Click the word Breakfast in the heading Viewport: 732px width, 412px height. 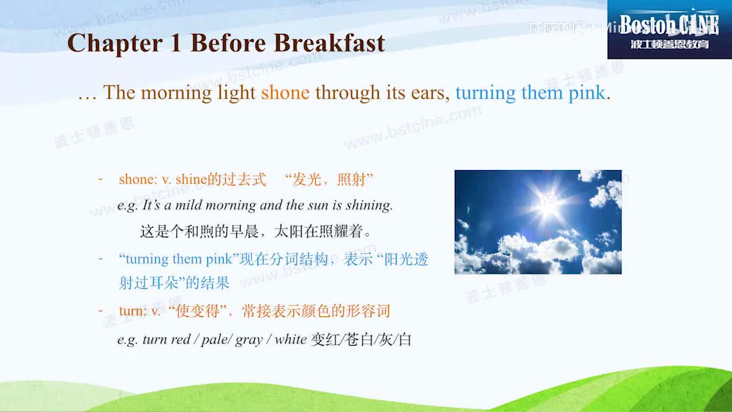click(x=329, y=43)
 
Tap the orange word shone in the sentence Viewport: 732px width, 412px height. click(x=285, y=93)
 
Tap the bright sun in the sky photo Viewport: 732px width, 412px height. click(x=547, y=203)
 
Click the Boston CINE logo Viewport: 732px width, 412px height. click(x=669, y=29)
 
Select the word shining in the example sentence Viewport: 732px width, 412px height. click(x=369, y=205)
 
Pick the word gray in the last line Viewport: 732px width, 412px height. click(x=249, y=339)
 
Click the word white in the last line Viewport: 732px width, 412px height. click(x=290, y=339)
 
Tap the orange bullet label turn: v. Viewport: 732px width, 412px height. click(x=140, y=312)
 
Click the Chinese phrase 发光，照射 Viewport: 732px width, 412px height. click(x=329, y=180)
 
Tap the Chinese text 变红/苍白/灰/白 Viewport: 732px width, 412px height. click(x=361, y=339)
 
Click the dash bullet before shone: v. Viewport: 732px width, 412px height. click(x=100, y=179)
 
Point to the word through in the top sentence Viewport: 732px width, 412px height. click(x=347, y=93)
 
